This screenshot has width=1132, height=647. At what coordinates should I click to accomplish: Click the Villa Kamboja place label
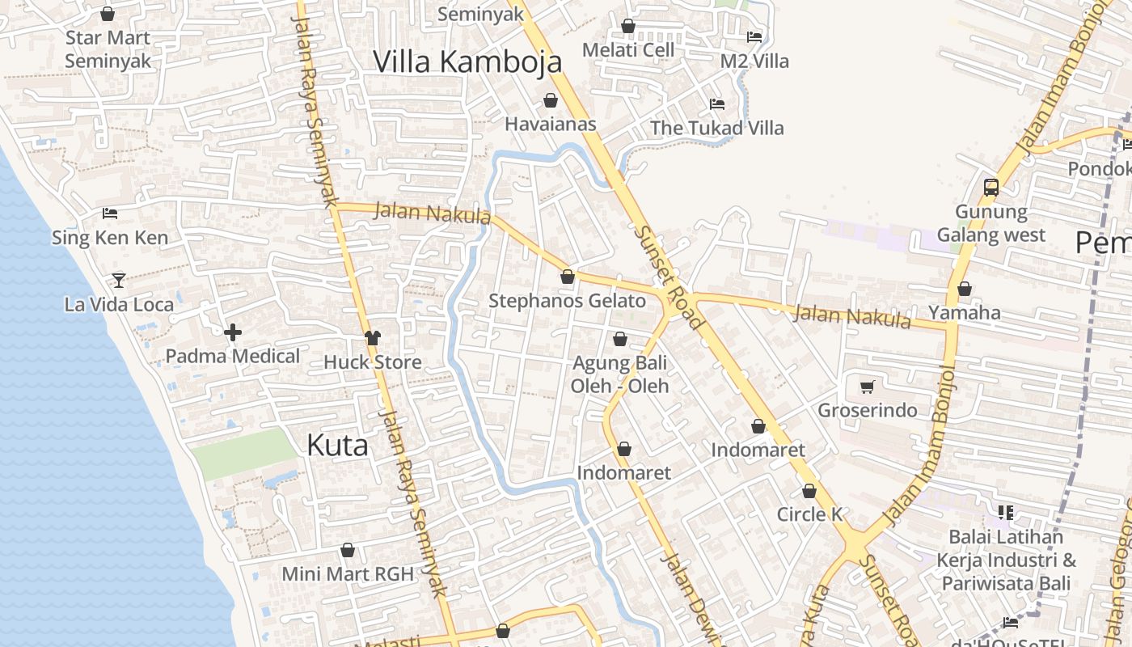coord(467,61)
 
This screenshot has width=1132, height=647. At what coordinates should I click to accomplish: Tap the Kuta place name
coord(337,446)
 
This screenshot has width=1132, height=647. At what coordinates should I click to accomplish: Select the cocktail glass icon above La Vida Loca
coord(119,281)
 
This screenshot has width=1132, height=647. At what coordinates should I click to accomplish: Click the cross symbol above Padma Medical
coord(233,332)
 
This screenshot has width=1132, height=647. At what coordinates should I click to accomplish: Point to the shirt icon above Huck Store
coord(372,337)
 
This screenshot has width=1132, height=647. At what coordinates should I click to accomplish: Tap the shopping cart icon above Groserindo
coord(868,387)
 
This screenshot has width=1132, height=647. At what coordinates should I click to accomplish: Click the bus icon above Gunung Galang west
coord(990,188)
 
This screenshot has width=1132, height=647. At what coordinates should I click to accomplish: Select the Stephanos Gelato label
coord(567,302)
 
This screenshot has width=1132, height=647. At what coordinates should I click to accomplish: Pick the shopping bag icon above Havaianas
coord(551,100)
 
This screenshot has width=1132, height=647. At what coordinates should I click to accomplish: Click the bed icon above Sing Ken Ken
coord(110,214)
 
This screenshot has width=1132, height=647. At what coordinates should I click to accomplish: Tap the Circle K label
coord(809,514)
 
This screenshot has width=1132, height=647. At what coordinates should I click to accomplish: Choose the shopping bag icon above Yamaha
coord(964,289)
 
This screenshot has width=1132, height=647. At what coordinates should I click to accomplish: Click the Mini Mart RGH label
coord(348,574)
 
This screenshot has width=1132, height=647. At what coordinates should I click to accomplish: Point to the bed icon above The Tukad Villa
coord(717,104)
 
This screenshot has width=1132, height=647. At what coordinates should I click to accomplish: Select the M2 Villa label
coord(754,61)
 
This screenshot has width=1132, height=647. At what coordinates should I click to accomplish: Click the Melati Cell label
coord(628,50)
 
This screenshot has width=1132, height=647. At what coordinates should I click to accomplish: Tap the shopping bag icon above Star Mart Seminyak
coord(108,14)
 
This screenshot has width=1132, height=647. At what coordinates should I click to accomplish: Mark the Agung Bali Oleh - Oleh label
coord(620,374)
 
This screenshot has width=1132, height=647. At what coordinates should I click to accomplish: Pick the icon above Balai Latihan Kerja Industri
coord(1006,512)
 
